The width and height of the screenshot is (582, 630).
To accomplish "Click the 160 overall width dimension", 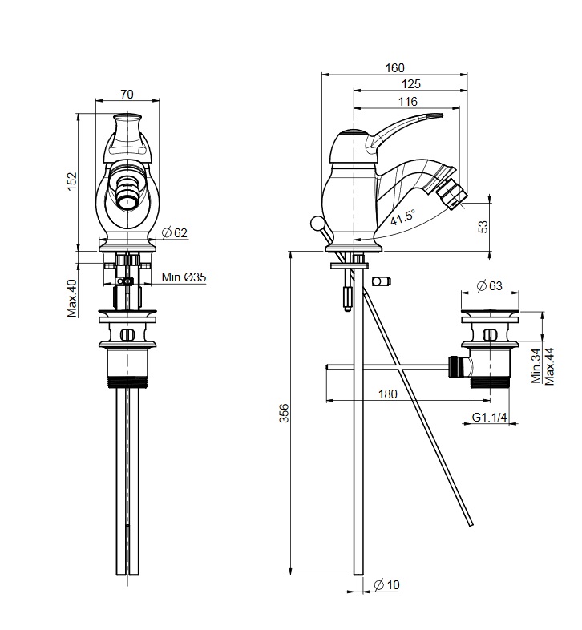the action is coord(394,68).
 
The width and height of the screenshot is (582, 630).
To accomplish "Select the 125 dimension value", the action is coord(410,84).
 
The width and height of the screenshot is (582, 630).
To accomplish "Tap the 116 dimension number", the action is coord(408,101).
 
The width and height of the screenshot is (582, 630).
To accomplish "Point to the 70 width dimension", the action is coord(127,94).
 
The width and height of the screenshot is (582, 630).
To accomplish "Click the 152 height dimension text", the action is coord(71,182).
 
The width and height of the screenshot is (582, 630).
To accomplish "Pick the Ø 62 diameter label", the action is coord(175,232).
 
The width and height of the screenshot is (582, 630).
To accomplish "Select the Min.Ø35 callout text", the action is coord(184,277).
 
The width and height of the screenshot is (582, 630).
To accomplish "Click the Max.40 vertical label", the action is coord(72,298).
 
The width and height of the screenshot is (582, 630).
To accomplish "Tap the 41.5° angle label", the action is coord(402,217).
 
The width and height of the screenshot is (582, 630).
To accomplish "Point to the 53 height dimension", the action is coord(483,227).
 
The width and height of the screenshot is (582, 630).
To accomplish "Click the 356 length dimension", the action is coord(284,413).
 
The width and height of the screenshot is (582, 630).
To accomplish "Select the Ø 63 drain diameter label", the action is coord(489,285).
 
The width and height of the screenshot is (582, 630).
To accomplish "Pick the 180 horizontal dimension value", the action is coord(387,394).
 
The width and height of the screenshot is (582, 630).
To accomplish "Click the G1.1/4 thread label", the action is coord(489,418).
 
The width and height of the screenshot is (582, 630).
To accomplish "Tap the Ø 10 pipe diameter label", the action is coord(386,585).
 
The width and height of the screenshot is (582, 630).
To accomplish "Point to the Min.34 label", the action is coord(536,365).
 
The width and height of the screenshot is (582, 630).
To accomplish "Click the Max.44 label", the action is coord(548,366).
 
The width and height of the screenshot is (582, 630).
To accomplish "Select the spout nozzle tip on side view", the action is coord(453,195).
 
